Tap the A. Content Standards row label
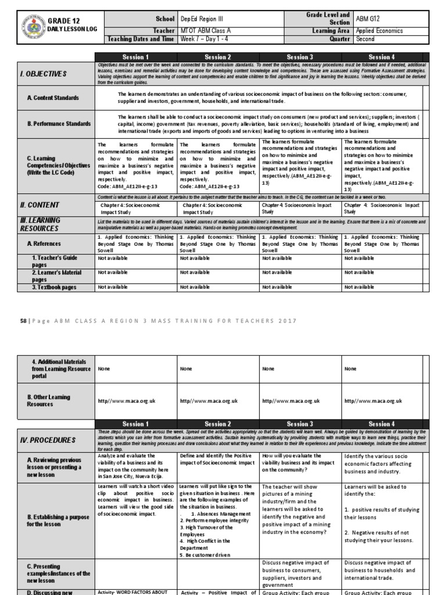(x=53, y=98)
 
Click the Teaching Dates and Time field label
(x=142, y=40)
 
